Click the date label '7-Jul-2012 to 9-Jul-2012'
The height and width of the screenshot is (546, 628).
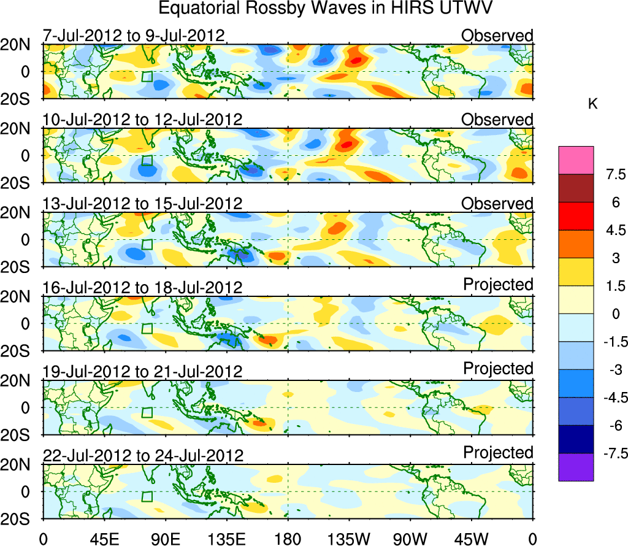pos(134,35)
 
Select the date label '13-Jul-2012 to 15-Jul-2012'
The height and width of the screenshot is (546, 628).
pos(142,203)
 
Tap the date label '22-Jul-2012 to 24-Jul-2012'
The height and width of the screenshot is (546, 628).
pos(143,455)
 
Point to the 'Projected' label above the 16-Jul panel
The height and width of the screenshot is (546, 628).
pos(498,285)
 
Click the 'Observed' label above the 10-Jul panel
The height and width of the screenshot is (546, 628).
pos(497,119)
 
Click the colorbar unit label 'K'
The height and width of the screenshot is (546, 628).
pos(592,105)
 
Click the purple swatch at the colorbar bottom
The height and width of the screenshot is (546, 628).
pos(576,467)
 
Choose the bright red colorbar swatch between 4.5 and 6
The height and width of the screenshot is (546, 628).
pos(576,216)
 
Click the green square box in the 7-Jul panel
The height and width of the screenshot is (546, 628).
pos(147,76)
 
